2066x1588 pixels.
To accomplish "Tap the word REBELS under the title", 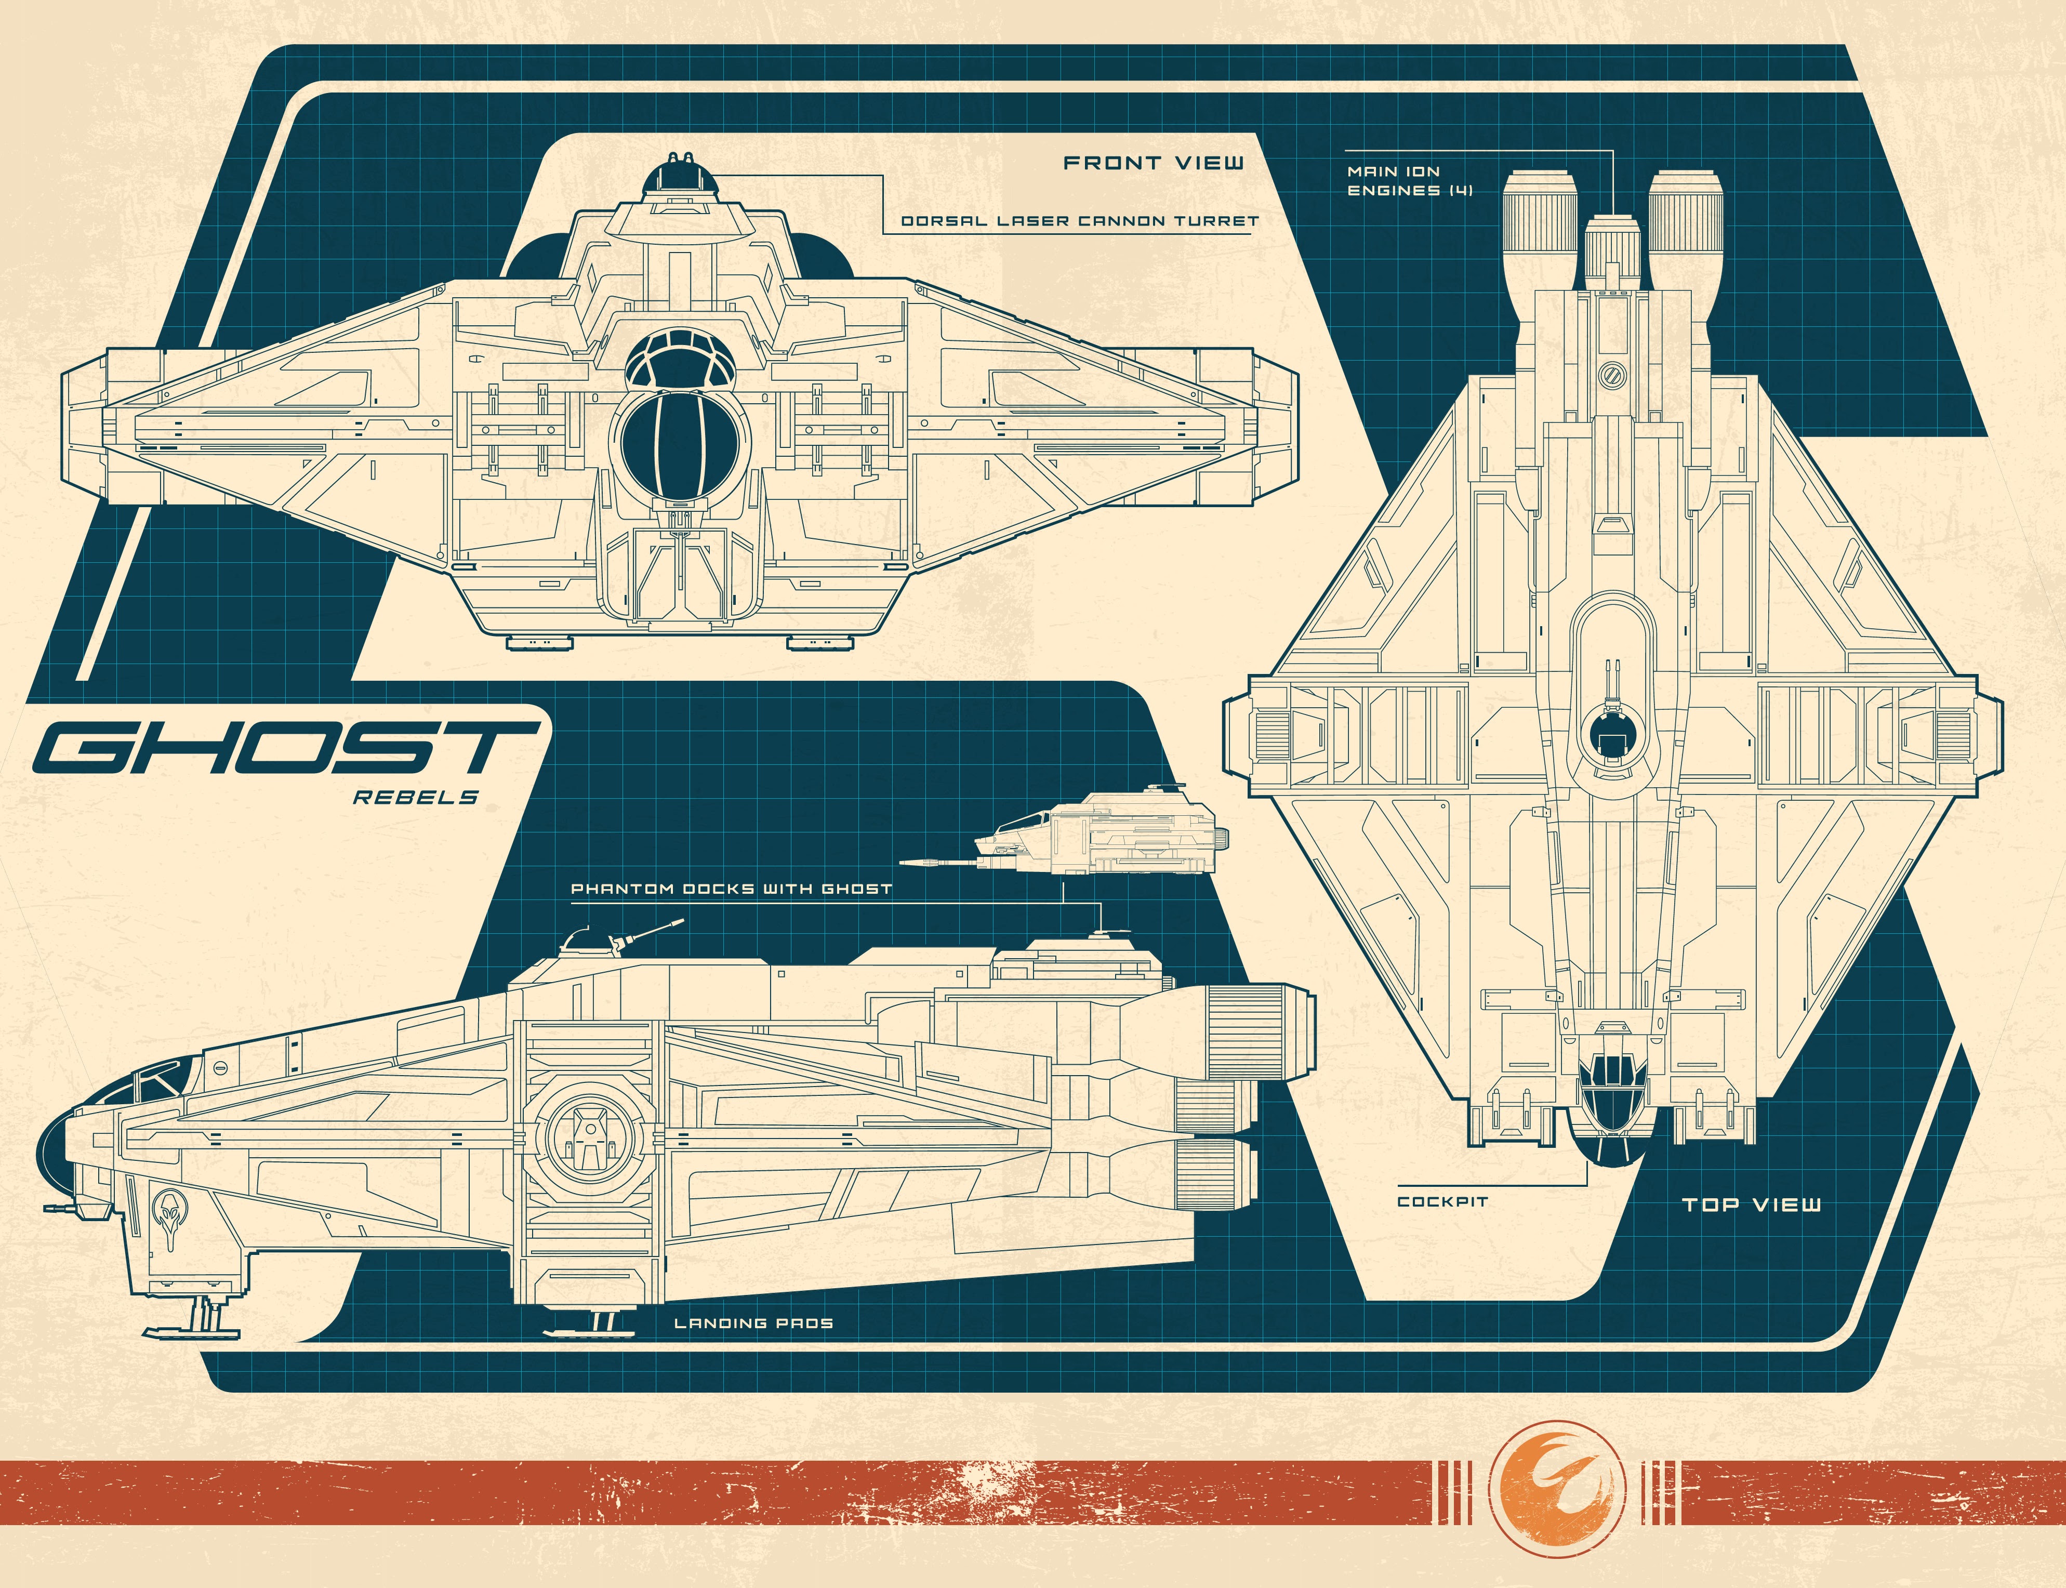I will (416, 797).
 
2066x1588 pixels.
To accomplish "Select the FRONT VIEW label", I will (1154, 163).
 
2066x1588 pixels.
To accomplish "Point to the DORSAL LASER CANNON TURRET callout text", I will (1079, 221).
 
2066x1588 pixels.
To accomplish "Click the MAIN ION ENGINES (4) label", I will (1408, 180).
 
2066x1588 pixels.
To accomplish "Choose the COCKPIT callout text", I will (1442, 1201).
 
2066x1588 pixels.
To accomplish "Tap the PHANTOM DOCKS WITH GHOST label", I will (731, 889).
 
